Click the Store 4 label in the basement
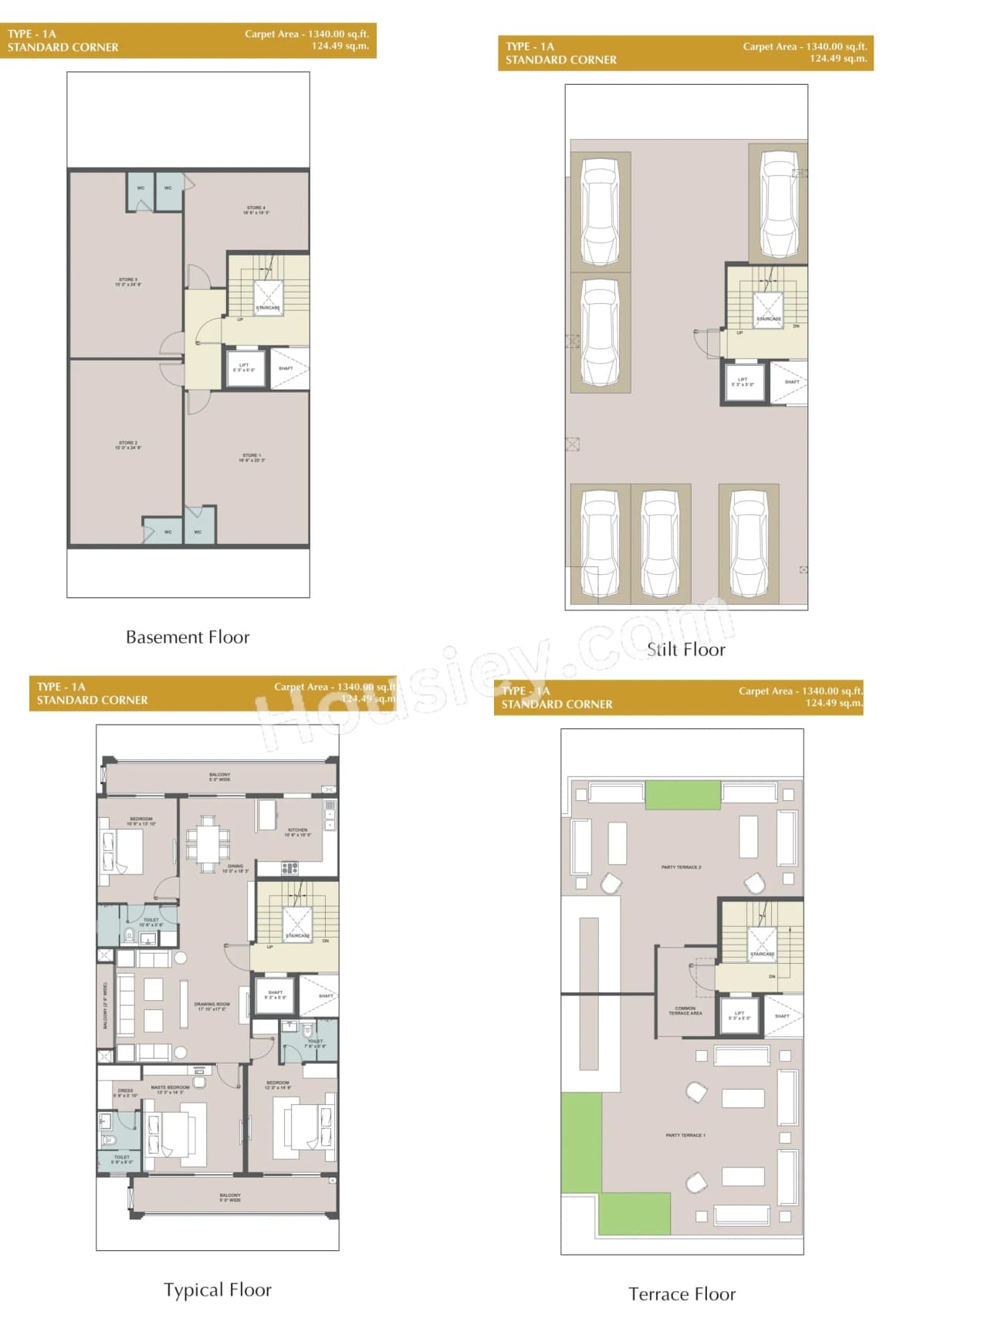(x=255, y=210)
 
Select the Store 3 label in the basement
(x=128, y=282)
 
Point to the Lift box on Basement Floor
(x=245, y=368)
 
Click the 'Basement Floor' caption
(x=188, y=637)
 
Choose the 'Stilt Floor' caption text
(x=686, y=650)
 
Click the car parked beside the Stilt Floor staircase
(x=778, y=204)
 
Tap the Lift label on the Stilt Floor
(x=743, y=382)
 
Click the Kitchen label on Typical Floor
(x=297, y=832)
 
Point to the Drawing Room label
(x=212, y=1006)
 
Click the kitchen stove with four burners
(x=289, y=868)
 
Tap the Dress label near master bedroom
(x=125, y=1093)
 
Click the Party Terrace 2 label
(x=681, y=867)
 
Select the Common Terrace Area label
(x=685, y=1010)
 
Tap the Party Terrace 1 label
(x=685, y=1135)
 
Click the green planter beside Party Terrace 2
(x=682, y=795)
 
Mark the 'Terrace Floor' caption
(x=682, y=1294)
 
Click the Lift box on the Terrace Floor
(x=739, y=1016)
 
